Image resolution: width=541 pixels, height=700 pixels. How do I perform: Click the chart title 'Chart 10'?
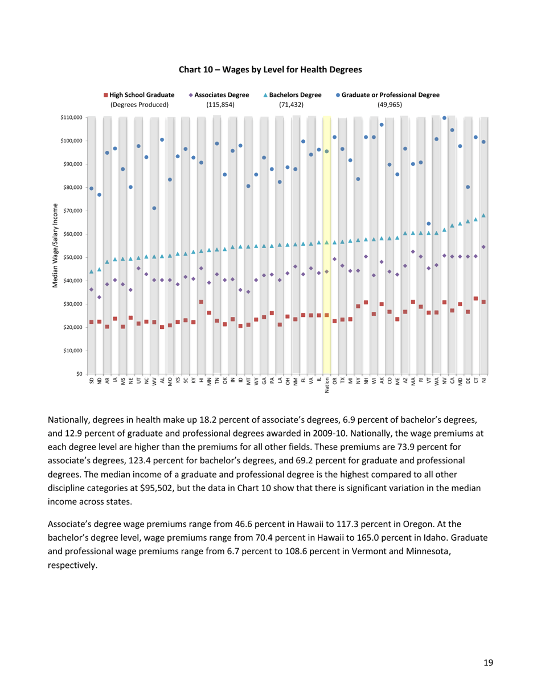tap(270, 70)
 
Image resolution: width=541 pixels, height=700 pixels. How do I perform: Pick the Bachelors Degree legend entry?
tap(294, 95)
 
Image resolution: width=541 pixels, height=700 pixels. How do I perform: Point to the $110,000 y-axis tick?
tap(71, 117)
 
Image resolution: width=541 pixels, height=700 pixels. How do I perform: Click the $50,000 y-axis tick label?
tap(72, 257)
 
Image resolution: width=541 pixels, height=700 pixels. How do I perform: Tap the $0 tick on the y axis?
tap(79, 374)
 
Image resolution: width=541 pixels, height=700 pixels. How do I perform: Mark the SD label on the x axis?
tap(91, 382)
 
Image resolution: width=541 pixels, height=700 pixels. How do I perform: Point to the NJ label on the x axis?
tap(483, 382)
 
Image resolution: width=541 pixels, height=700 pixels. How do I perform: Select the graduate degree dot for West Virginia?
tap(154, 208)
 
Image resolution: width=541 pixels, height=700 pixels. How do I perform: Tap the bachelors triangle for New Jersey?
tap(483, 215)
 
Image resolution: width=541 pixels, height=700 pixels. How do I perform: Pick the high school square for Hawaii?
tap(201, 302)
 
